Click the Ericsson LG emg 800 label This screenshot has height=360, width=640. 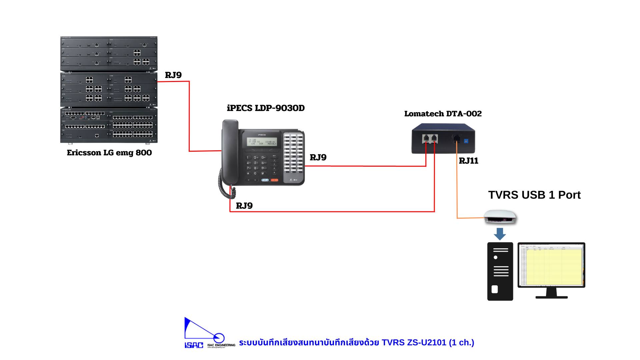[109, 153]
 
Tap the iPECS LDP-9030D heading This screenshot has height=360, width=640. [266, 108]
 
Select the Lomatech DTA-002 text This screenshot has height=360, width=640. [443, 114]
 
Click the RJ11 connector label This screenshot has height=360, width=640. [468, 161]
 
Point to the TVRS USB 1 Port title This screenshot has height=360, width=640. [534, 195]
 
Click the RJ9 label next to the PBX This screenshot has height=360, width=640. [173, 75]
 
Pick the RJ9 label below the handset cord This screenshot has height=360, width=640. [244, 206]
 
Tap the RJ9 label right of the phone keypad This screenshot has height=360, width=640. [318, 158]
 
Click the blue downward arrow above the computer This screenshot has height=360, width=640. [500, 234]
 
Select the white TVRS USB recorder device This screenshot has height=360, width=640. [500, 217]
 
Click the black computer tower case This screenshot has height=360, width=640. [500, 272]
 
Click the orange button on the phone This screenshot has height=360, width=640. [274, 180]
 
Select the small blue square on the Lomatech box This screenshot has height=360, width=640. [466, 141]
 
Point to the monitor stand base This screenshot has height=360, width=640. [551, 296]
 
